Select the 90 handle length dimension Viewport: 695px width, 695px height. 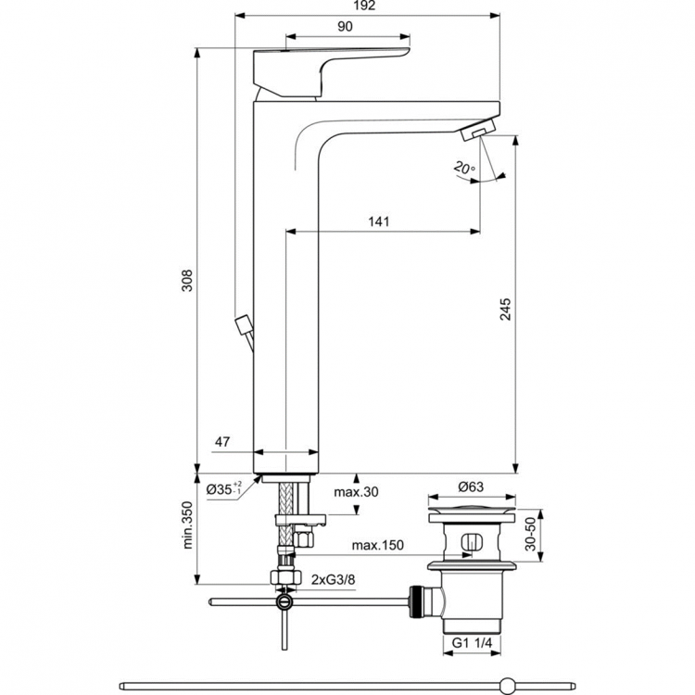(344, 27)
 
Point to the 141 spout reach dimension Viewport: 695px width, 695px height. (379, 221)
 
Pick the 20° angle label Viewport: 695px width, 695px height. (463, 168)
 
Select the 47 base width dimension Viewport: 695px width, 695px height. (222, 443)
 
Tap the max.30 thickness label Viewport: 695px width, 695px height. (357, 491)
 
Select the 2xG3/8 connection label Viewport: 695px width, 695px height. (333, 580)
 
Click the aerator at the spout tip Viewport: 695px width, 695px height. (478, 133)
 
